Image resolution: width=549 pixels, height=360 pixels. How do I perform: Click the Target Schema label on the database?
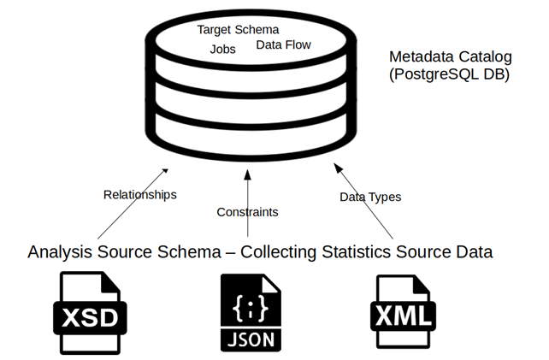pyautogui.click(x=238, y=29)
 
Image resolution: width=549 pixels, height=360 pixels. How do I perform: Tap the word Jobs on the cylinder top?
pyautogui.click(x=222, y=49)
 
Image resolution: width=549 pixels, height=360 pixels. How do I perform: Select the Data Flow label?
pyautogui.click(x=283, y=44)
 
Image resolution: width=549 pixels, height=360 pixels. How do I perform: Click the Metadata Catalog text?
pyautogui.click(x=450, y=56)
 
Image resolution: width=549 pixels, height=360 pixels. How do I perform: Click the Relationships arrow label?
pyautogui.click(x=139, y=194)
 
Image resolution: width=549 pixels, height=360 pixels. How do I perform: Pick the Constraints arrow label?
pyautogui.click(x=247, y=211)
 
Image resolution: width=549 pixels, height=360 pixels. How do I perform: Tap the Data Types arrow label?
pyautogui.click(x=370, y=197)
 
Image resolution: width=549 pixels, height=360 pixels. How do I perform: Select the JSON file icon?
pyautogui.click(x=247, y=314)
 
